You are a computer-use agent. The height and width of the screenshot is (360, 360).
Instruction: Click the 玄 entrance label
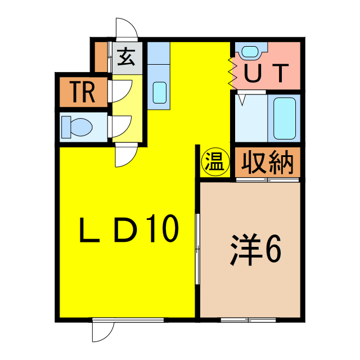(x=126, y=57)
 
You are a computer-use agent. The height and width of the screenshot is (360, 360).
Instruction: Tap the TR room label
(x=83, y=92)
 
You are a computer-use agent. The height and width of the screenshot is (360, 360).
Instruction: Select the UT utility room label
(x=266, y=73)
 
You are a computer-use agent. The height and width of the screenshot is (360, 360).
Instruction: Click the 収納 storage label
(x=268, y=163)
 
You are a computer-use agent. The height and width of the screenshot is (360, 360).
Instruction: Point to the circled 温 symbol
(x=215, y=161)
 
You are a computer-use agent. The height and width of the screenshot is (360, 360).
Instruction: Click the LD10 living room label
(x=129, y=229)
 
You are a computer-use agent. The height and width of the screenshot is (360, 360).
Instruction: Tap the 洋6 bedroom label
(x=255, y=250)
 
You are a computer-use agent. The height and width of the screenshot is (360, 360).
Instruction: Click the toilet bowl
(x=77, y=127)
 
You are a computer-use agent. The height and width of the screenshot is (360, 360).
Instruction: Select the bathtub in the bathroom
(x=284, y=119)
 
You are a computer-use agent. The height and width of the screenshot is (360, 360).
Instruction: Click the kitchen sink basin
(x=159, y=92)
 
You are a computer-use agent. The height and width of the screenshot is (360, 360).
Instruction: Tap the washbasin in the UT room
(x=251, y=51)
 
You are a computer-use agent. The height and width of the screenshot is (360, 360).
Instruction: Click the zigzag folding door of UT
(x=232, y=74)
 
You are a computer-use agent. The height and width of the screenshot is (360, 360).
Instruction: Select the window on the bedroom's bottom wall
(x=248, y=319)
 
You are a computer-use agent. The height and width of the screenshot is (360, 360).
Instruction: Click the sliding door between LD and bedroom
(x=197, y=249)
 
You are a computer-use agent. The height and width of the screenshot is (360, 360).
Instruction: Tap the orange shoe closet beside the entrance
(x=101, y=57)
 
